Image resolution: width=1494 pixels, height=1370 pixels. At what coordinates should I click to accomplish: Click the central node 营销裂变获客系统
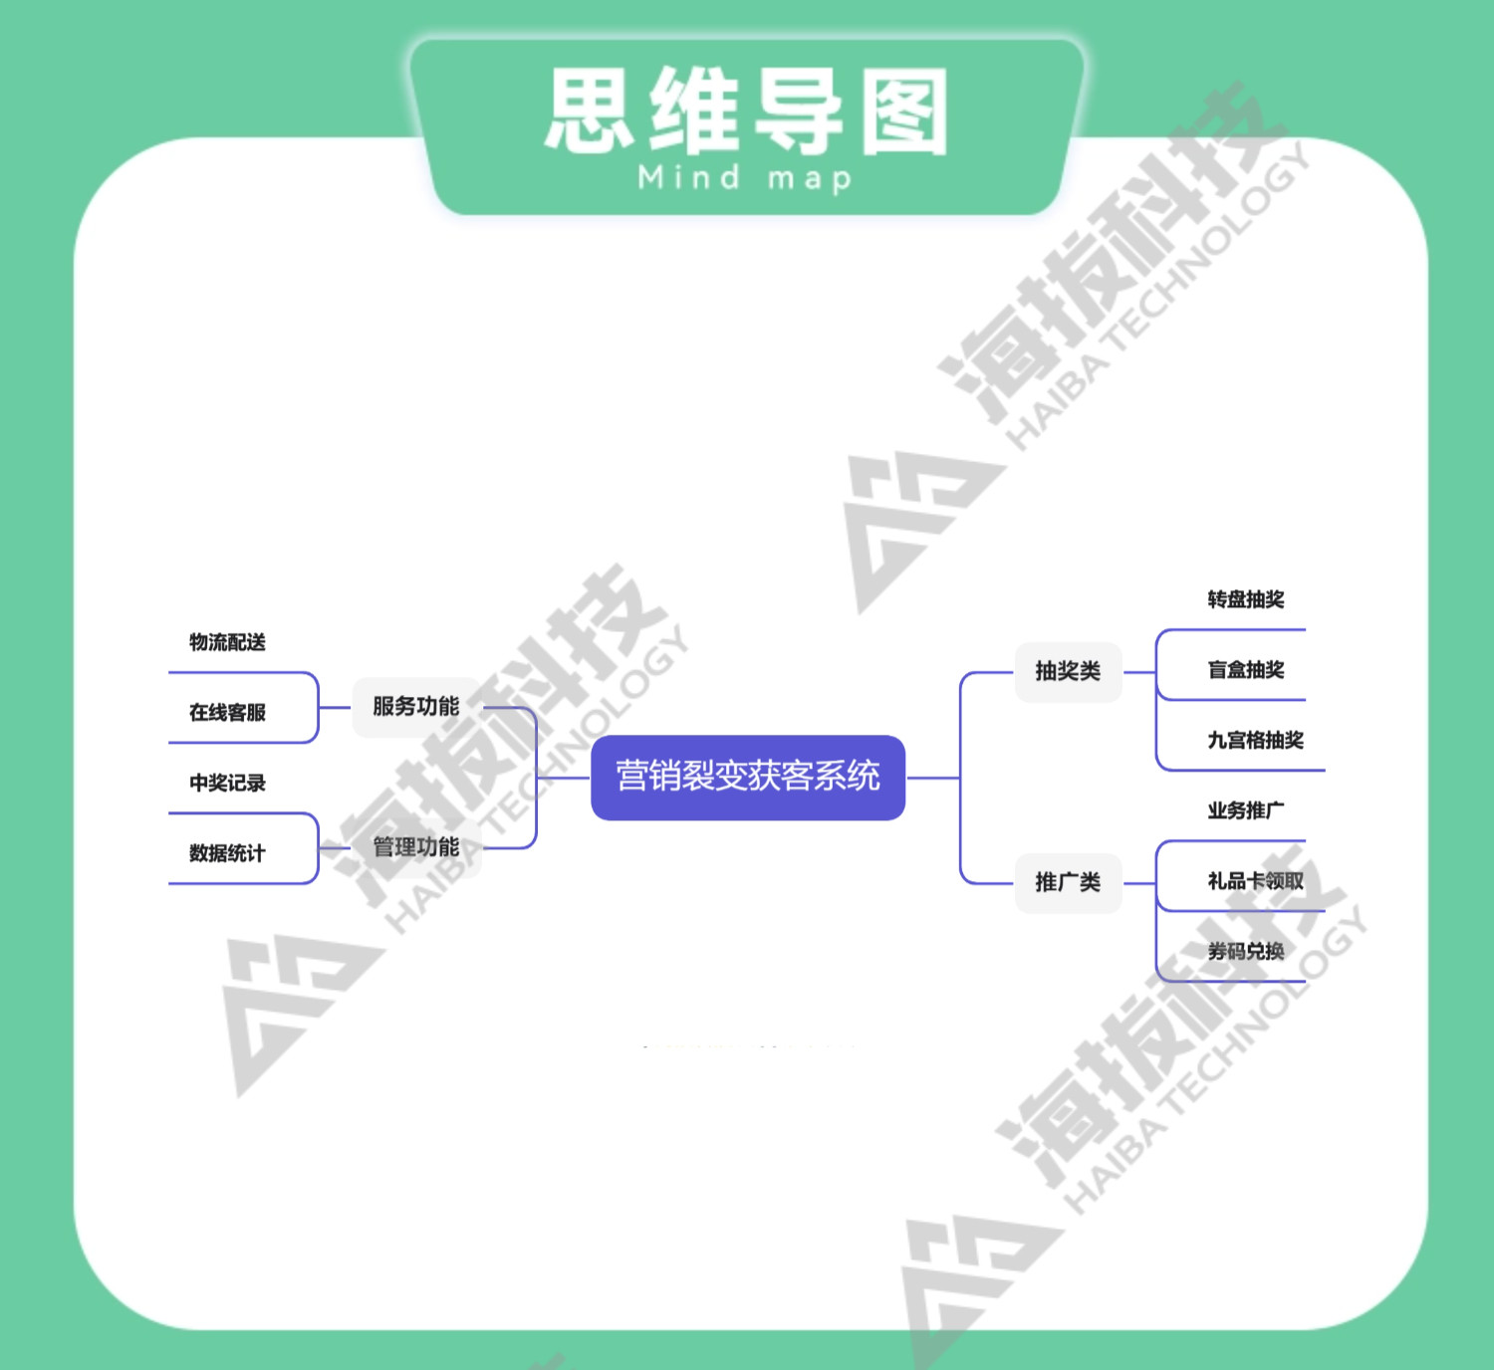[x=747, y=777]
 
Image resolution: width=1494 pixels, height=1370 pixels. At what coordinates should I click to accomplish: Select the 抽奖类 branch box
[x=1068, y=671]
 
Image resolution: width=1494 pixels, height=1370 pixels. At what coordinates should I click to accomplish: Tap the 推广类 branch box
[x=1068, y=882]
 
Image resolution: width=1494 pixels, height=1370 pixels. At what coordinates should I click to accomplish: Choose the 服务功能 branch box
[x=416, y=707]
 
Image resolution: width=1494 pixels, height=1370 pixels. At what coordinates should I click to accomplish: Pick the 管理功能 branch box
[x=416, y=847]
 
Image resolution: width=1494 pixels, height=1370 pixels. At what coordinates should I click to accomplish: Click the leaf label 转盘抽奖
[x=1245, y=599]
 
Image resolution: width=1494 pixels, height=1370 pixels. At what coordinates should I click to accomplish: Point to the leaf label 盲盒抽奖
[x=1245, y=670]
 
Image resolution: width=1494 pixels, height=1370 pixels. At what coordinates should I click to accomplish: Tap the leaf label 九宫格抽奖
[x=1255, y=741]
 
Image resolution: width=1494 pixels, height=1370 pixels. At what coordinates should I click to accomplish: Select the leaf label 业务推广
[x=1245, y=810]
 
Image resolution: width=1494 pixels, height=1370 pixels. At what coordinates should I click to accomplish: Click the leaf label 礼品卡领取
[x=1255, y=881]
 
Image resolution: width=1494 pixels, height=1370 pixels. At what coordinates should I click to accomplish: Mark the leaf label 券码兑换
[x=1245, y=952]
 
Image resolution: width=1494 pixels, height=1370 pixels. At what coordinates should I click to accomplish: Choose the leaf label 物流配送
[x=227, y=642]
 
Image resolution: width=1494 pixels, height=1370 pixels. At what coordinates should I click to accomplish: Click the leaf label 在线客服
[x=227, y=713]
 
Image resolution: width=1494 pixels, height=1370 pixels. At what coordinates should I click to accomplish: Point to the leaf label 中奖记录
[x=227, y=784]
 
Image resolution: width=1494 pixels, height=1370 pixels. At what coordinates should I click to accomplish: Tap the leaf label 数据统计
[x=227, y=853]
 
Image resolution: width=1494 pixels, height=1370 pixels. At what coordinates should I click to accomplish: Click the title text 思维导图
[x=747, y=112]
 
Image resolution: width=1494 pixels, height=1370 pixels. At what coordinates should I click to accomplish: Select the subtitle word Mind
[x=689, y=178]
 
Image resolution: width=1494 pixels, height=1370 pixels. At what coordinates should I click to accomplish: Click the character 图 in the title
[x=903, y=112]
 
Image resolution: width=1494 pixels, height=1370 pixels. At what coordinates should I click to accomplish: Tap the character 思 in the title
[x=590, y=112]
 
